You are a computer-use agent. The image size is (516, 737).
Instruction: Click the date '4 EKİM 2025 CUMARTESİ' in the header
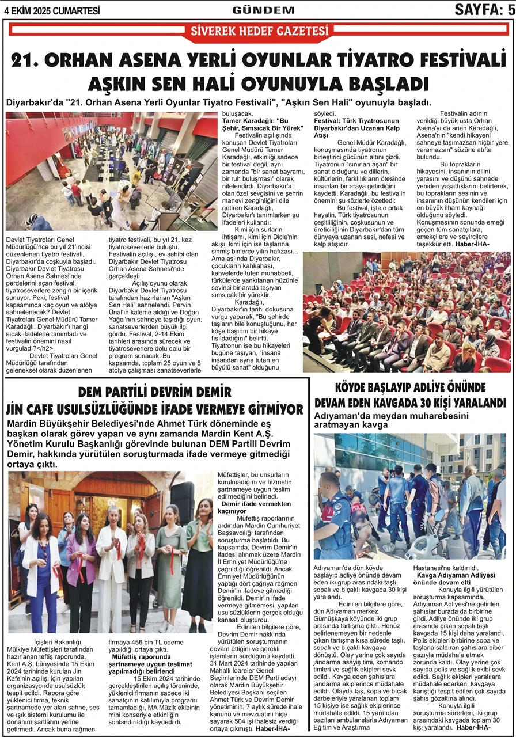pos(52,10)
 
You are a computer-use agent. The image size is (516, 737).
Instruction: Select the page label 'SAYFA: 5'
pos(484,10)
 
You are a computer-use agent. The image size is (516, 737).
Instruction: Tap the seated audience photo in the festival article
pos(407,312)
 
